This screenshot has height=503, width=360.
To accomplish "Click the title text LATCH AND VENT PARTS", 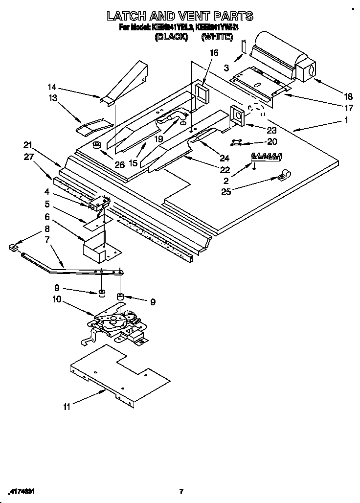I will pyautogui.click(x=180, y=16).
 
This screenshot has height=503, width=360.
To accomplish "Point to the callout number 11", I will pyautogui.click(x=67, y=406).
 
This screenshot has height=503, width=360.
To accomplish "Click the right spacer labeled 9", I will pyautogui.click(x=120, y=297).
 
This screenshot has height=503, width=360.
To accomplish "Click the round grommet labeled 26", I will pyautogui.click(x=96, y=145).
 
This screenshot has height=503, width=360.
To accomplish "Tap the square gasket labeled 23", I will pyautogui.click(x=239, y=115).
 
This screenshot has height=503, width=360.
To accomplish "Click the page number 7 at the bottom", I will pyautogui.click(x=181, y=491).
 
